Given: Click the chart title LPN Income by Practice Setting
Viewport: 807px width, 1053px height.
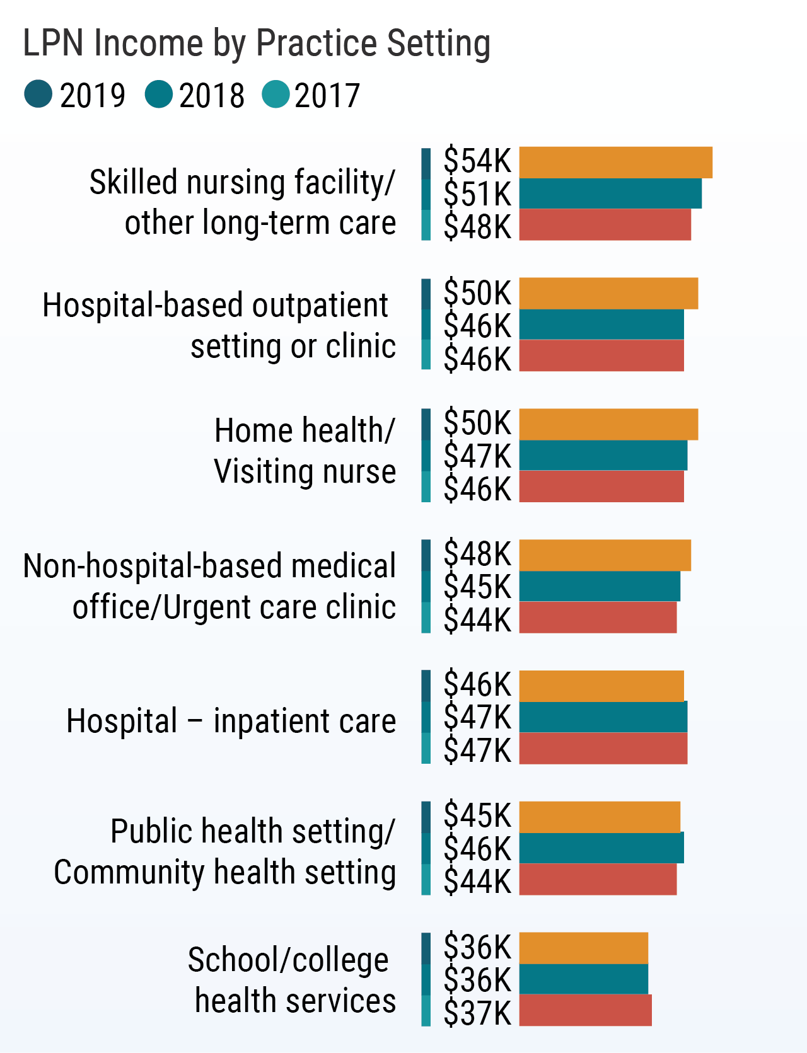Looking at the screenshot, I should [257, 43].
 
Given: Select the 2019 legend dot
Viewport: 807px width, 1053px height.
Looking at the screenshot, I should [38, 95].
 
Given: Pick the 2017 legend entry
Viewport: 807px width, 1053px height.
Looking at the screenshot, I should [311, 95].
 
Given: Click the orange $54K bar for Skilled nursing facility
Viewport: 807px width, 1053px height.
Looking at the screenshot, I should [615, 163].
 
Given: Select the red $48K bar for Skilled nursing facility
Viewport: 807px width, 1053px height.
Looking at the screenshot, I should [605, 225].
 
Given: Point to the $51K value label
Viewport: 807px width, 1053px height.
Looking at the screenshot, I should [477, 193].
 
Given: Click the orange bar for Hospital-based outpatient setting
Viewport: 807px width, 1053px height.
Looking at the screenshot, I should [608, 293].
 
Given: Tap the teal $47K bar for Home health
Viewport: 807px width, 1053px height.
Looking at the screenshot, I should [603, 456].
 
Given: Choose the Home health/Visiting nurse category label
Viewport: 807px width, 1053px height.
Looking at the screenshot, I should [305, 451].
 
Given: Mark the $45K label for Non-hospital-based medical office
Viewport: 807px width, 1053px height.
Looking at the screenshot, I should [477, 587].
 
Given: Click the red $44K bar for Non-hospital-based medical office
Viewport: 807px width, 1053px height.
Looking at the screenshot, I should [598, 618].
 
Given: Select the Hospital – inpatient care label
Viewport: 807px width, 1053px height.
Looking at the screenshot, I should [231, 721].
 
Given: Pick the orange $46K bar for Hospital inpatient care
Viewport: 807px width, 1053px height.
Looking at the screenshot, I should [601, 686].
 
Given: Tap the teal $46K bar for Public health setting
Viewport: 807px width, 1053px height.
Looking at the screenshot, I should [601, 848].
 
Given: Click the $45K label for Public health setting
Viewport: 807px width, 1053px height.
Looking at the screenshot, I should [477, 815].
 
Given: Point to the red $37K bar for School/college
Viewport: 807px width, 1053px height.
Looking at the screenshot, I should [585, 1010].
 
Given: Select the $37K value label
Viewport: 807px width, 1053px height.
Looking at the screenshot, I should [477, 1013].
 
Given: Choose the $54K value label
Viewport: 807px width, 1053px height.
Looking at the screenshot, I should [477, 161].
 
